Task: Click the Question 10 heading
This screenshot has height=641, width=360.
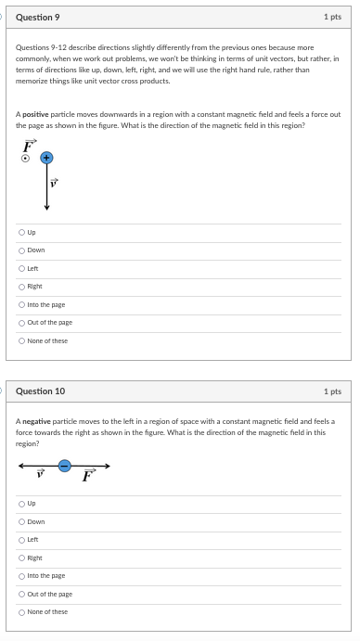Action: point(40,391)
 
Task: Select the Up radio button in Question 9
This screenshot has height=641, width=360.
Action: point(21,232)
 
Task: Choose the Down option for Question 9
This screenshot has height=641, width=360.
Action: point(21,250)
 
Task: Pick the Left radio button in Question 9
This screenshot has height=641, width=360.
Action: point(21,268)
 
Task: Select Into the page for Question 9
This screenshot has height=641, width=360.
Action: point(21,304)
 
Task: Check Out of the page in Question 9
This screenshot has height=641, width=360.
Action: point(21,323)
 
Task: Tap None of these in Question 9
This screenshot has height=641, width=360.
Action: point(21,340)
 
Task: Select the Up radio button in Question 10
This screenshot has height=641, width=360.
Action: point(21,504)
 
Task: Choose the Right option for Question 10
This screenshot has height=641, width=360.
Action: point(21,558)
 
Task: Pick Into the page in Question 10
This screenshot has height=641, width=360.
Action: point(21,576)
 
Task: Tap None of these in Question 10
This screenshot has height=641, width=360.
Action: point(21,612)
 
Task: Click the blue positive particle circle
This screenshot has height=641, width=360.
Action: point(46,159)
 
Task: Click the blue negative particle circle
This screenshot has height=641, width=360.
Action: point(64,466)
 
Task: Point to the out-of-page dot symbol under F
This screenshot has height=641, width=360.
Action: point(27,159)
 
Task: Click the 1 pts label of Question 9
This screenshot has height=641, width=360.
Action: point(332,17)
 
